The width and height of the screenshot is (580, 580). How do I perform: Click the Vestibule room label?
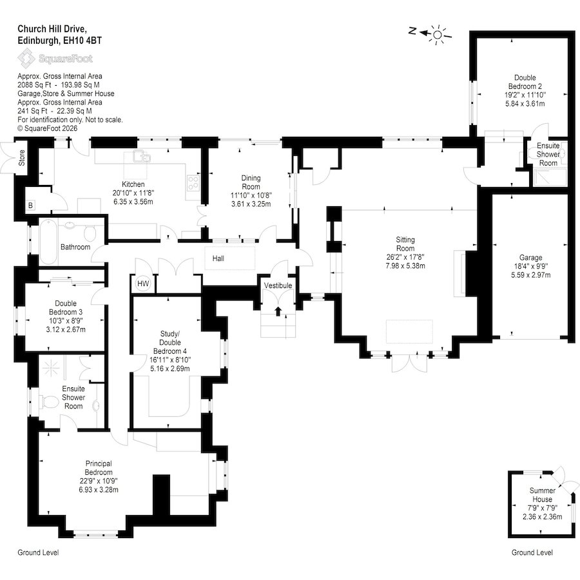coord(278,285)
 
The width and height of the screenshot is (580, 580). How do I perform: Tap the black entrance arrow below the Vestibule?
coord(278,311)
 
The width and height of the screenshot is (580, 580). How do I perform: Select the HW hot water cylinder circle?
coord(143,284)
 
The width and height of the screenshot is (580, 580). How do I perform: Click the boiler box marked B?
coord(31,206)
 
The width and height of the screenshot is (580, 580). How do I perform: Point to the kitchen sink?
coord(142,157)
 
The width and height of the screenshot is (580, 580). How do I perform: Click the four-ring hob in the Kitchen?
coord(193,183)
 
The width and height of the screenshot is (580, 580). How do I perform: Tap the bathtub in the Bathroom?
coord(49,242)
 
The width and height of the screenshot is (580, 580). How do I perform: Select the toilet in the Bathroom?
coord(89,232)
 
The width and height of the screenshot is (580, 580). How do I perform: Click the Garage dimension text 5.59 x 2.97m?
coord(531,275)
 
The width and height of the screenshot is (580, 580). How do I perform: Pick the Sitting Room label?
coord(405,244)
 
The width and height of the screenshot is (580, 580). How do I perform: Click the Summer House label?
coord(542,494)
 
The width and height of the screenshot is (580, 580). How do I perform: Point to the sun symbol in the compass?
coord(438,35)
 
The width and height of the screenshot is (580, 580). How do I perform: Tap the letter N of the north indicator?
coord(412,31)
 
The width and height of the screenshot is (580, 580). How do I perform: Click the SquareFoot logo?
coord(55,59)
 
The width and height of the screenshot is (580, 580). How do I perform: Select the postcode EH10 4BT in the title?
coord(82,41)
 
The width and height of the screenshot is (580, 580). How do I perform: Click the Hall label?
coord(218,258)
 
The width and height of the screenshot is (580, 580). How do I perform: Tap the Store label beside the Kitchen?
coord(22,158)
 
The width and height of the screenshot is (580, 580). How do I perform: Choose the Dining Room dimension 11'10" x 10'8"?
coord(251,195)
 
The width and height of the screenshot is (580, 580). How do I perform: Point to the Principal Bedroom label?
coord(99,468)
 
